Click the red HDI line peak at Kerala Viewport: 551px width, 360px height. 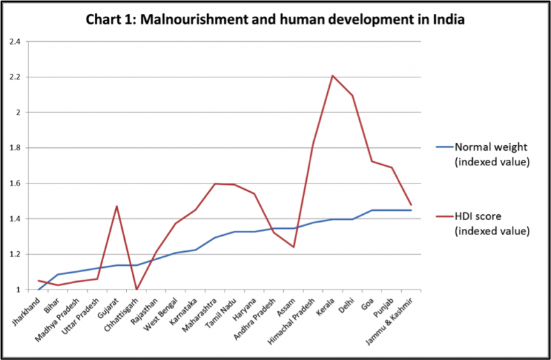pyautogui.click(x=333, y=75)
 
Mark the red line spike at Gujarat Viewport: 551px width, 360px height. pyautogui.click(x=116, y=206)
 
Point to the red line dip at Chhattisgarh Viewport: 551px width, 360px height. pyautogui.click(x=137, y=290)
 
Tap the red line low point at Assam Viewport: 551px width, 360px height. pyautogui.click(x=294, y=247)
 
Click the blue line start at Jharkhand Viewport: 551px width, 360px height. pyautogui.click(x=38, y=290)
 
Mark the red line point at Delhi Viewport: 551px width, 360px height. pyautogui.click(x=352, y=96)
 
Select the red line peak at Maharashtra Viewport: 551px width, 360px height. pyautogui.click(x=215, y=183)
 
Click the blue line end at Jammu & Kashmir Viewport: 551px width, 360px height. pyautogui.click(x=412, y=210)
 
